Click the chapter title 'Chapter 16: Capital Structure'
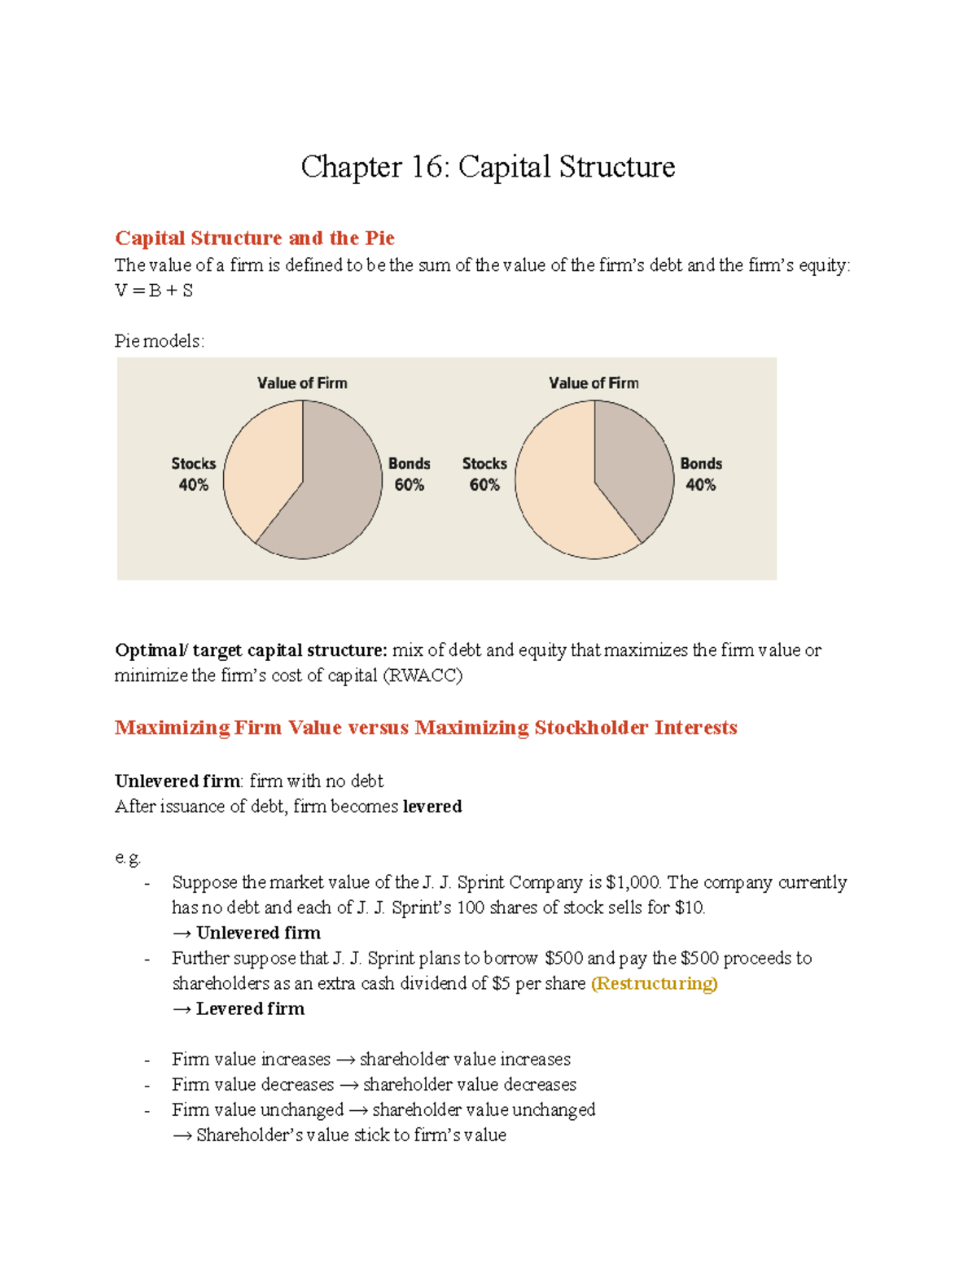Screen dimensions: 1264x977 pyautogui.click(x=488, y=167)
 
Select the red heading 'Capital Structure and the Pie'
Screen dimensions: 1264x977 pyautogui.click(x=255, y=238)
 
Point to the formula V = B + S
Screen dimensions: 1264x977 pyautogui.click(x=154, y=291)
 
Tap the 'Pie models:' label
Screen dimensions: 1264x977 pyautogui.click(x=160, y=341)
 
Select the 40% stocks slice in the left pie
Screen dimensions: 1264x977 pyautogui.click(x=261, y=464)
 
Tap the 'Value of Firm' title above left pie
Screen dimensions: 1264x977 pyautogui.click(x=302, y=383)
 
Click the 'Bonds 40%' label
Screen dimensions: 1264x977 pyautogui.click(x=701, y=474)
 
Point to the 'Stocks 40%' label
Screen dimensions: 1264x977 pyautogui.click(x=194, y=474)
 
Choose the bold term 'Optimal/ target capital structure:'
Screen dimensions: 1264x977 pyautogui.click(x=251, y=650)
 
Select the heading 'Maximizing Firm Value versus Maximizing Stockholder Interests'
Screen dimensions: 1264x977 pyautogui.click(x=426, y=728)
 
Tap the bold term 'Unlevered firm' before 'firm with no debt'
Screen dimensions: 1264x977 pyautogui.click(x=177, y=781)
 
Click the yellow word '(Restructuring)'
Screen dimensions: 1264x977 pyautogui.click(x=654, y=983)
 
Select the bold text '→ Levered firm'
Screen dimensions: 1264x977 pyautogui.click(x=239, y=1008)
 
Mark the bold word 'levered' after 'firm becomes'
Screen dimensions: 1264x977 pyautogui.click(x=432, y=807)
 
